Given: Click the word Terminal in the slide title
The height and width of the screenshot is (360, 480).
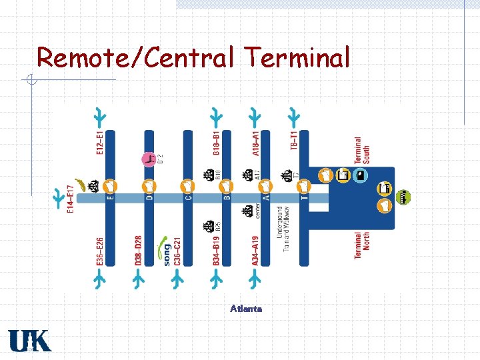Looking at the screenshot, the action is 297,57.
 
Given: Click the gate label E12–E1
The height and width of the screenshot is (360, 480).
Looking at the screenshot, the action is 100,143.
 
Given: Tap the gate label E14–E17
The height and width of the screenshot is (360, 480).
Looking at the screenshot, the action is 70,199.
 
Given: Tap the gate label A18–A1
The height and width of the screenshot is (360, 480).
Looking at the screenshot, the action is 256,143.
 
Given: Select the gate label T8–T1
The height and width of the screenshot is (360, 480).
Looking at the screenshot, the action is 294,140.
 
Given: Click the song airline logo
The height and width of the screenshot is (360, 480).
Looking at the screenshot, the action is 164,253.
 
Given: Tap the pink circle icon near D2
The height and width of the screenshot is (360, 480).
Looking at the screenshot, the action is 149,159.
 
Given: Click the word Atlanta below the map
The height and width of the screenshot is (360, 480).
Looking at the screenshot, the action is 246,309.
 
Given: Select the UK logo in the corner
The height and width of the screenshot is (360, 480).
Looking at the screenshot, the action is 29,341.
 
